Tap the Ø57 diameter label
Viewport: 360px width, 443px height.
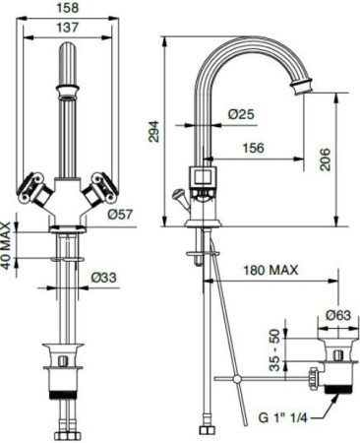121,214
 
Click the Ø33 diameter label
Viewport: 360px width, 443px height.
104,279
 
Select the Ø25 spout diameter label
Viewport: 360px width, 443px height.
241,114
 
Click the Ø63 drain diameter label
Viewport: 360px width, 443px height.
337,316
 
